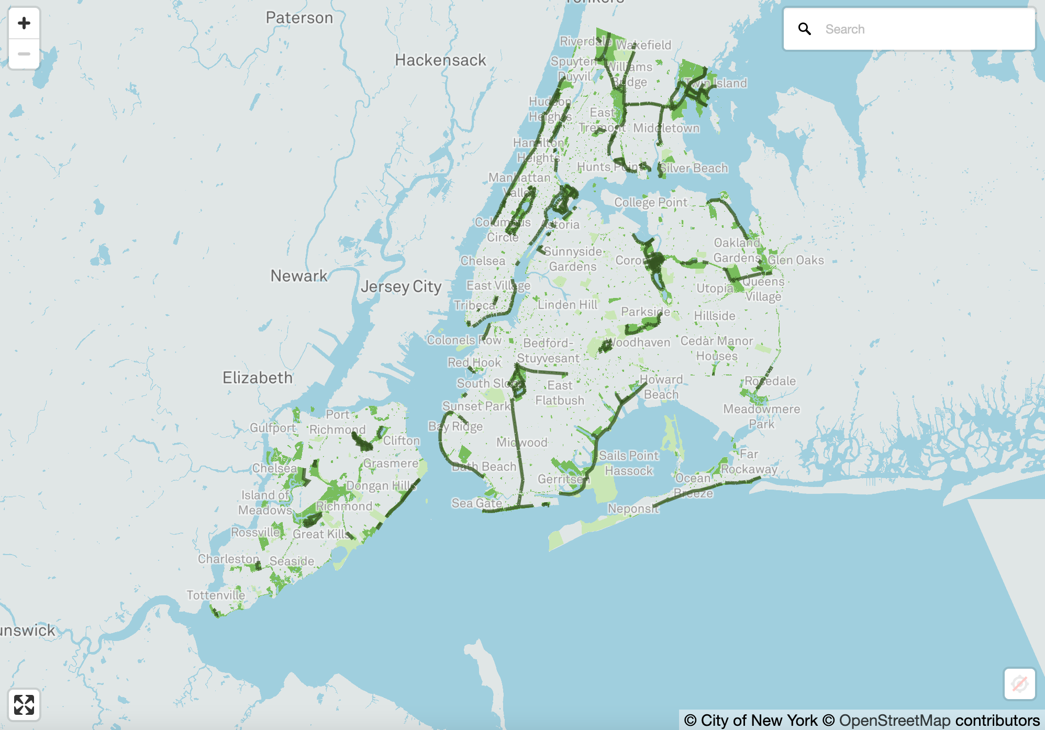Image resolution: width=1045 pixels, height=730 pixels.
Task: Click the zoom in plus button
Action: pos(24,23)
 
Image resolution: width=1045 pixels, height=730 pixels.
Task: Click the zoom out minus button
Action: pos(24,54)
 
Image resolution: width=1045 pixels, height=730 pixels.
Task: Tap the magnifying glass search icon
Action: pos(805,29)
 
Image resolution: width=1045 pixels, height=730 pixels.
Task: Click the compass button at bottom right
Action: pos(1019,683)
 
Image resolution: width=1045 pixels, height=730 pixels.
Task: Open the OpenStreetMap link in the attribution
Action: pos(894,721)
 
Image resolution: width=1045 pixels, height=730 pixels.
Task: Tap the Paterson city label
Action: pos(299,18)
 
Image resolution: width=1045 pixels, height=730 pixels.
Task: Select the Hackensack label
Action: pos(440,60)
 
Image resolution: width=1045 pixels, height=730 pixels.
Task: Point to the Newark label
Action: pos(298,276)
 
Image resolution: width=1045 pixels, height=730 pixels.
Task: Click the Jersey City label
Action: pos(401,286)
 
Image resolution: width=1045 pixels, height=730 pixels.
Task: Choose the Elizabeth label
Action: pos(257,378)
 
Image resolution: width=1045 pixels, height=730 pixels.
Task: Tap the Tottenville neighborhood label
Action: pos(216,595)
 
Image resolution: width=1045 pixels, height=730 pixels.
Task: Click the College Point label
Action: pos(651,202)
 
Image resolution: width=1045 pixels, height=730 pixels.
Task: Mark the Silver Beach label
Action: pos(693,168)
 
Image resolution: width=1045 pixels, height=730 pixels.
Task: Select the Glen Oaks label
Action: pos(795,260)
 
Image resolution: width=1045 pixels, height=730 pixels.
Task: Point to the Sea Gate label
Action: pos(476,503)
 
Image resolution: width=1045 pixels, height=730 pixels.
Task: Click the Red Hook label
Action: pos(474,362)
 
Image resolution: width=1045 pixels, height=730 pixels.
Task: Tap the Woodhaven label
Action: pos(640,342)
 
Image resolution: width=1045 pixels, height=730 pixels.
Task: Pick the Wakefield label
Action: pos(643,45)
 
